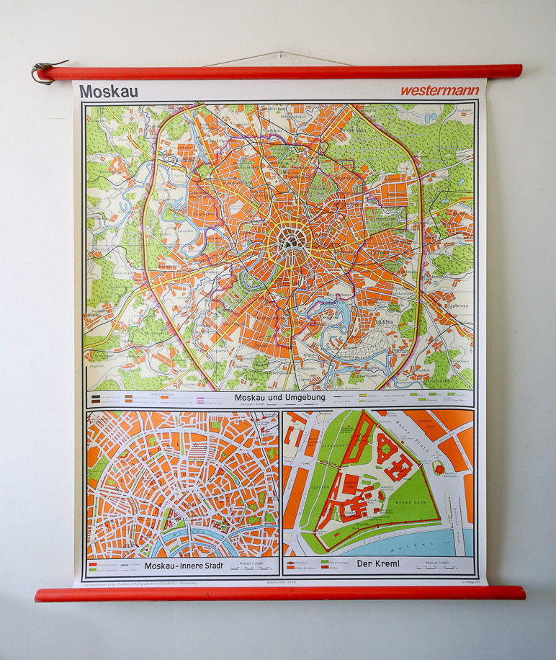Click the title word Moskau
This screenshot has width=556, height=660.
pyautogui.click(x=109, y=92)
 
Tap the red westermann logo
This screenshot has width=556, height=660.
pyautogui.click(x=439, y=91)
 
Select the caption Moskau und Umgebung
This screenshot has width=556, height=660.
pyautogui.click(x=280, y=397)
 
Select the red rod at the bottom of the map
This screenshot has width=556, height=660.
pyautogui.click(x=279, y=593)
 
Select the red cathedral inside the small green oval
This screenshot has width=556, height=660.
pyautogui.click(x=439, y=469)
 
